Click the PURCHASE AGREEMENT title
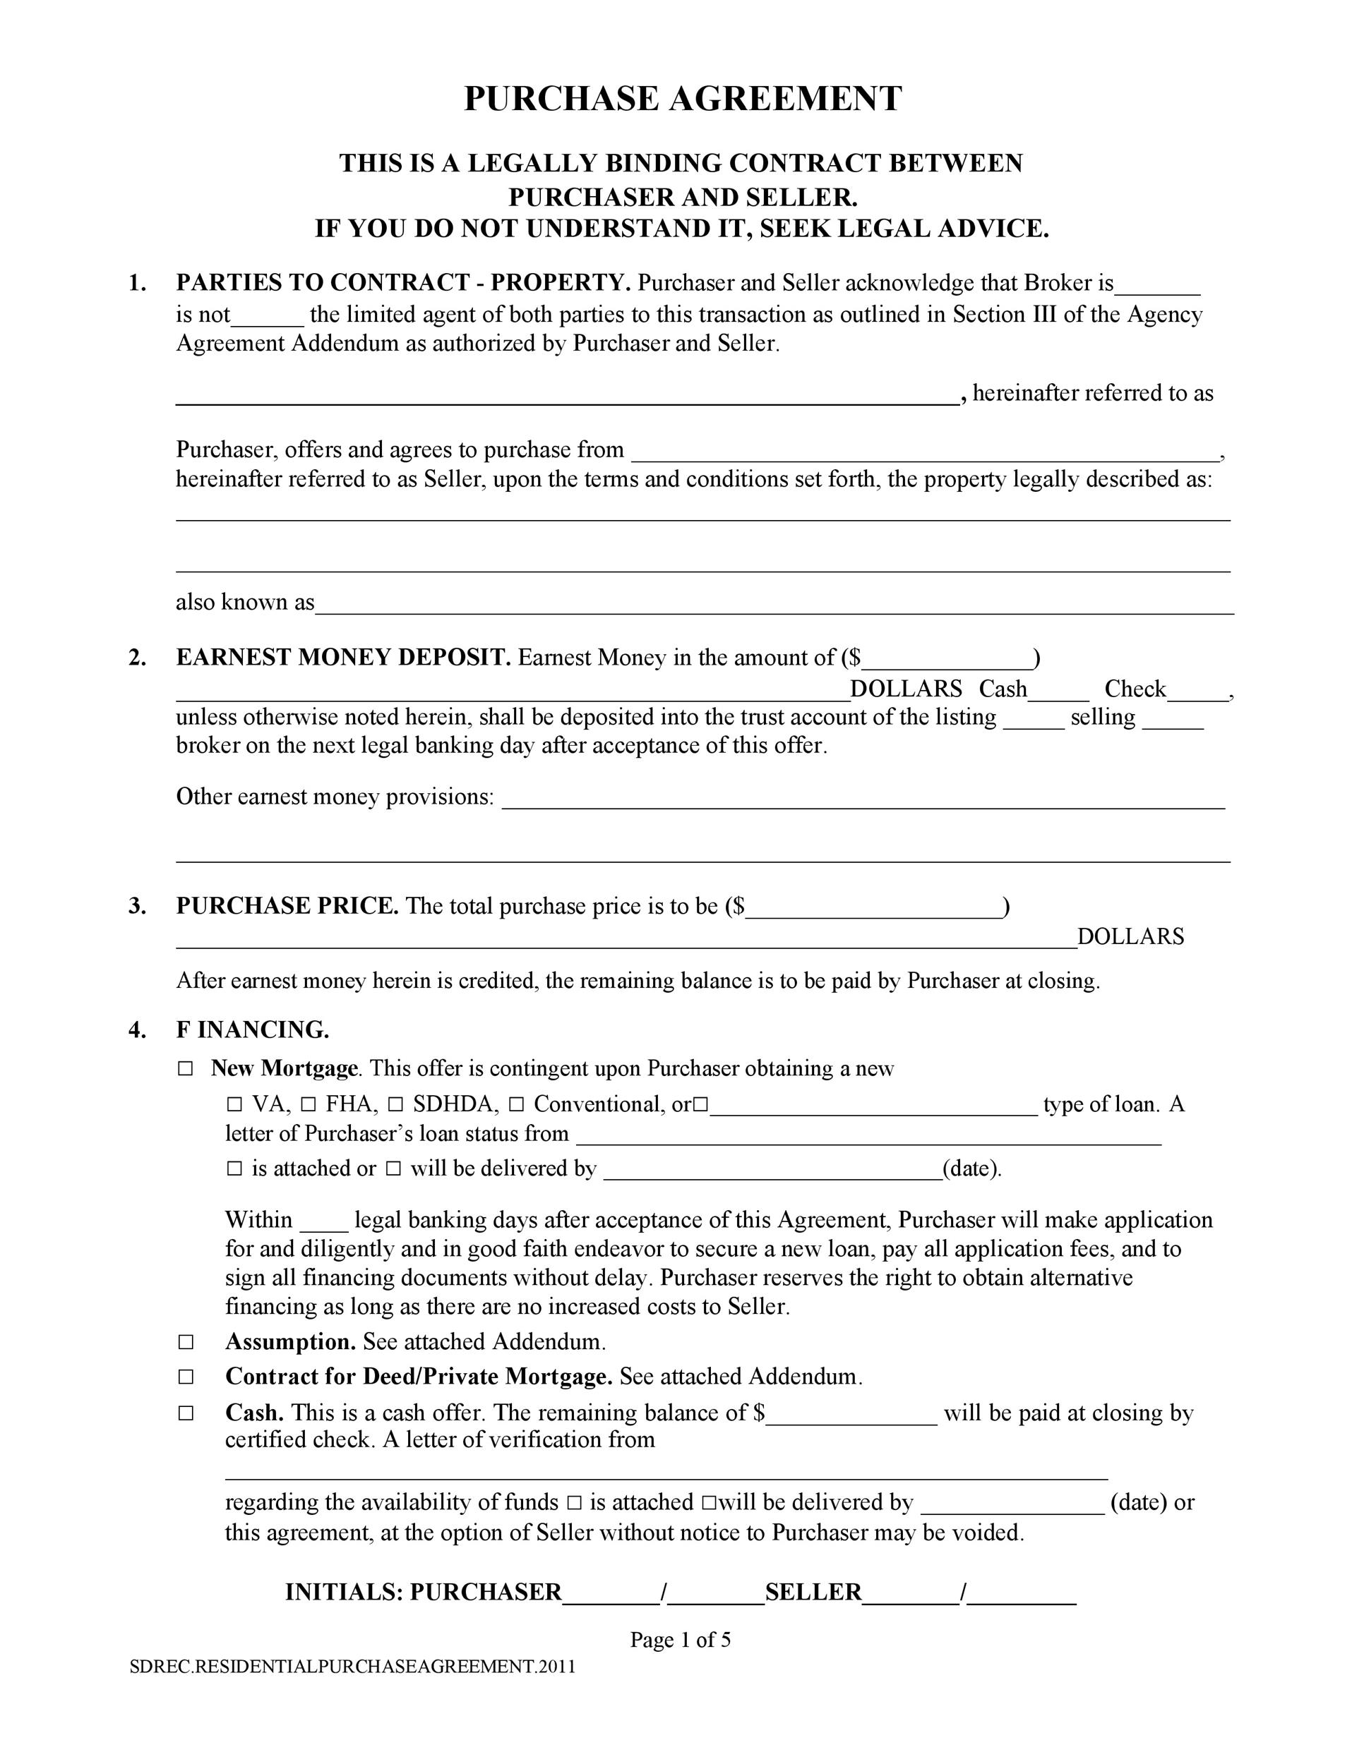point(682,99)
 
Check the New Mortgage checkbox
point(186,1068)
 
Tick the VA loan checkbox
point(234,1104)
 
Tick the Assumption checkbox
point(186,1342)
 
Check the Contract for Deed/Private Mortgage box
point(186,1377)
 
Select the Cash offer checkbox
point(186,1413)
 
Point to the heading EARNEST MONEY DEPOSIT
point(343,658)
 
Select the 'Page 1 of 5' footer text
point(681,1640)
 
